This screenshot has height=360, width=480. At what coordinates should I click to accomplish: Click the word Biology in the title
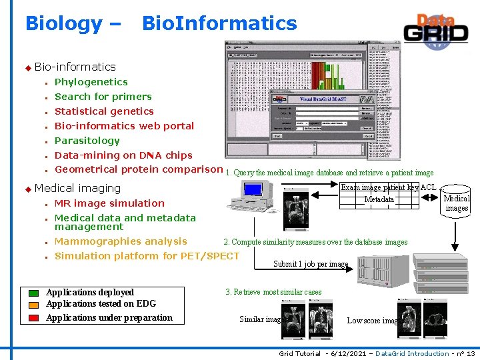point(64,24)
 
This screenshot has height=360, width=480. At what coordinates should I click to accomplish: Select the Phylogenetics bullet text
point(91,82)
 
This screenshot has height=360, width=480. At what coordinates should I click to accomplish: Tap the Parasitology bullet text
point(87,141)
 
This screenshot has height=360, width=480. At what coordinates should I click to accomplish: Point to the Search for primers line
point(103,97)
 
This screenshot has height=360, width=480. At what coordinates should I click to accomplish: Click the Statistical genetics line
point(104,111)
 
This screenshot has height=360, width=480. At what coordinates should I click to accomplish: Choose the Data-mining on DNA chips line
point(123,155)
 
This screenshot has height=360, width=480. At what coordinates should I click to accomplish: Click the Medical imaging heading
point(77,189)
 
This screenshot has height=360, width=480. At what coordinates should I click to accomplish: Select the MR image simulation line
point(109,203)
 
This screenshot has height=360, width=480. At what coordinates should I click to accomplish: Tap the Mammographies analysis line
point(120,241)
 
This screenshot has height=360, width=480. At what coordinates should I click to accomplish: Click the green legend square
point(34,293)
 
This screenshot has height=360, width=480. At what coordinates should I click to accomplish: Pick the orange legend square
point(34,305)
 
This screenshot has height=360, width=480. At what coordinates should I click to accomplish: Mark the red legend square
point(34,318)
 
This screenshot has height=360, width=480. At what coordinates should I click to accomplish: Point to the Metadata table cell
point(379,200)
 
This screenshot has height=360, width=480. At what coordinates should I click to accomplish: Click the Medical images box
point(457,203)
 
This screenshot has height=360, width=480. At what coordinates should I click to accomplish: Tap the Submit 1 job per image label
point(311,264)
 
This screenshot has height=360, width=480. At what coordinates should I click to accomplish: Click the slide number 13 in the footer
point(470,353)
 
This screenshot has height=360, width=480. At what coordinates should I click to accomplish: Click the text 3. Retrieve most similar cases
point(273,292)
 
